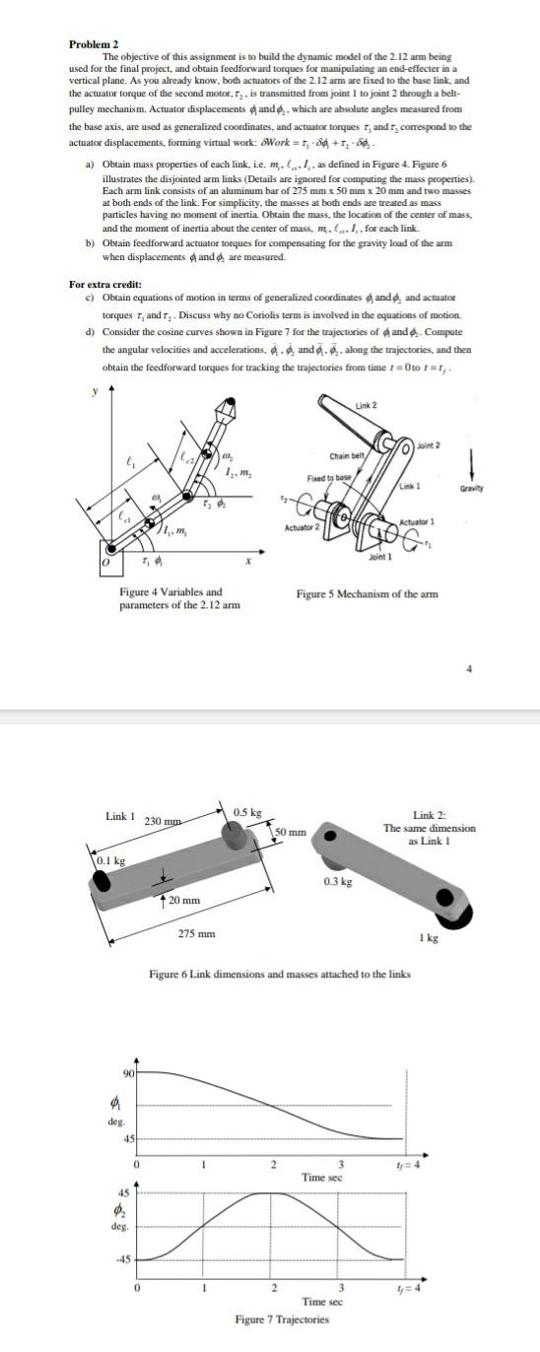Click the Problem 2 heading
pyautogui.click(x=94, y=44)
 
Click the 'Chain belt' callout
pyautogui.click(x=347, y=455)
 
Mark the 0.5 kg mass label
pyautogui.click(x=247, y=811)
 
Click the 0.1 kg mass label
pyautogui.click(x=112, y=861)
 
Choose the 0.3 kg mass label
pyautogui.click(x=337, y=881)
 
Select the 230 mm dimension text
pyautogui.click(x=161, y=821)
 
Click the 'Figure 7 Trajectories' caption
pyautogui.click(x=281, y=1318)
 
